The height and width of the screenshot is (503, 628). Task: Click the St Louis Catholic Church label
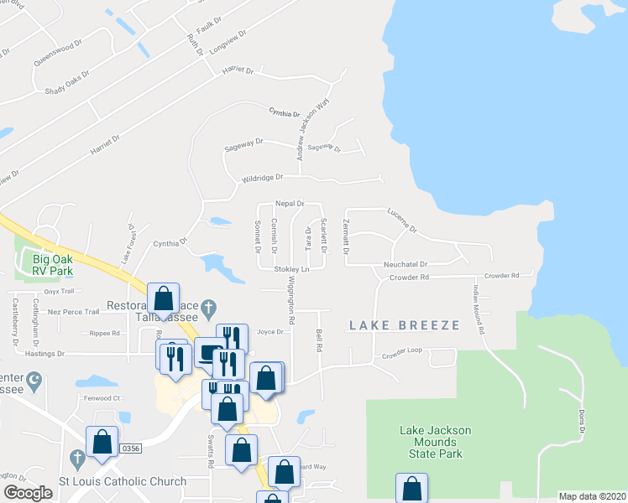click(123, 481)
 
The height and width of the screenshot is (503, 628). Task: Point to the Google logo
click(28, 493)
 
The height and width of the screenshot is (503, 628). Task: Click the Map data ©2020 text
click(591, 496)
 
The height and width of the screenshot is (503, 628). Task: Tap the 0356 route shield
click(130, 449)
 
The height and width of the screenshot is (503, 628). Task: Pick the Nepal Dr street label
click(288, 204)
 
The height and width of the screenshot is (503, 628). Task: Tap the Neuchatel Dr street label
click(407, 262)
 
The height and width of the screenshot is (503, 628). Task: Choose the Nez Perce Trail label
click(74, 312)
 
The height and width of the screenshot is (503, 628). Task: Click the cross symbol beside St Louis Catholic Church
click(77, 459)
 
